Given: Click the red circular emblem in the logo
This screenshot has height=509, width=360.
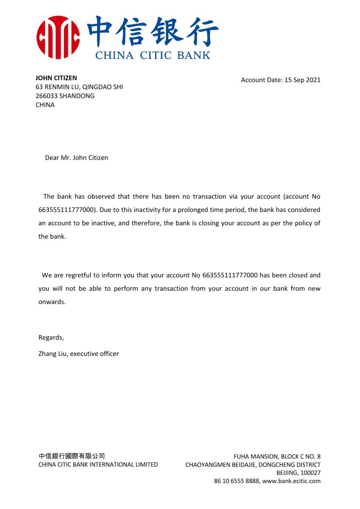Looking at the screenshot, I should pos(58,37).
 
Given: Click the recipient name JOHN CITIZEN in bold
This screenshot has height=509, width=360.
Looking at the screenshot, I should pos(56,78).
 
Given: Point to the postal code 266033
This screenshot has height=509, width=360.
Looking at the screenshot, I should pos(46,96).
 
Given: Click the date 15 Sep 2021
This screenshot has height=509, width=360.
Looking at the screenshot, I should pos(302,80).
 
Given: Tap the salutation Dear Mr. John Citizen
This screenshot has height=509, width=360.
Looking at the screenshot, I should pos(77,158).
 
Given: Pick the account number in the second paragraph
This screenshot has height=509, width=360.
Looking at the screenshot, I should pos(230,275).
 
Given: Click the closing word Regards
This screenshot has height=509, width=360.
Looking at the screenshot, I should pos(51,338).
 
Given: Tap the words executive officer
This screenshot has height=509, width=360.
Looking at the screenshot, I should pos(94,354).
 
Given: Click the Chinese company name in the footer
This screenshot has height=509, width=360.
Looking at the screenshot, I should pos(72,456).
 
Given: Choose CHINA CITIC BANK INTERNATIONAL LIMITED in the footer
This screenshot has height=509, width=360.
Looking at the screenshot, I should pos(98,465).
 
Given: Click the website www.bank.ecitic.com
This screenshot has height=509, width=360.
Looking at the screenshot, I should pos(291,481).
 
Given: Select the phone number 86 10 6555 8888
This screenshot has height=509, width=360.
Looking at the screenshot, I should pos(236,481).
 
